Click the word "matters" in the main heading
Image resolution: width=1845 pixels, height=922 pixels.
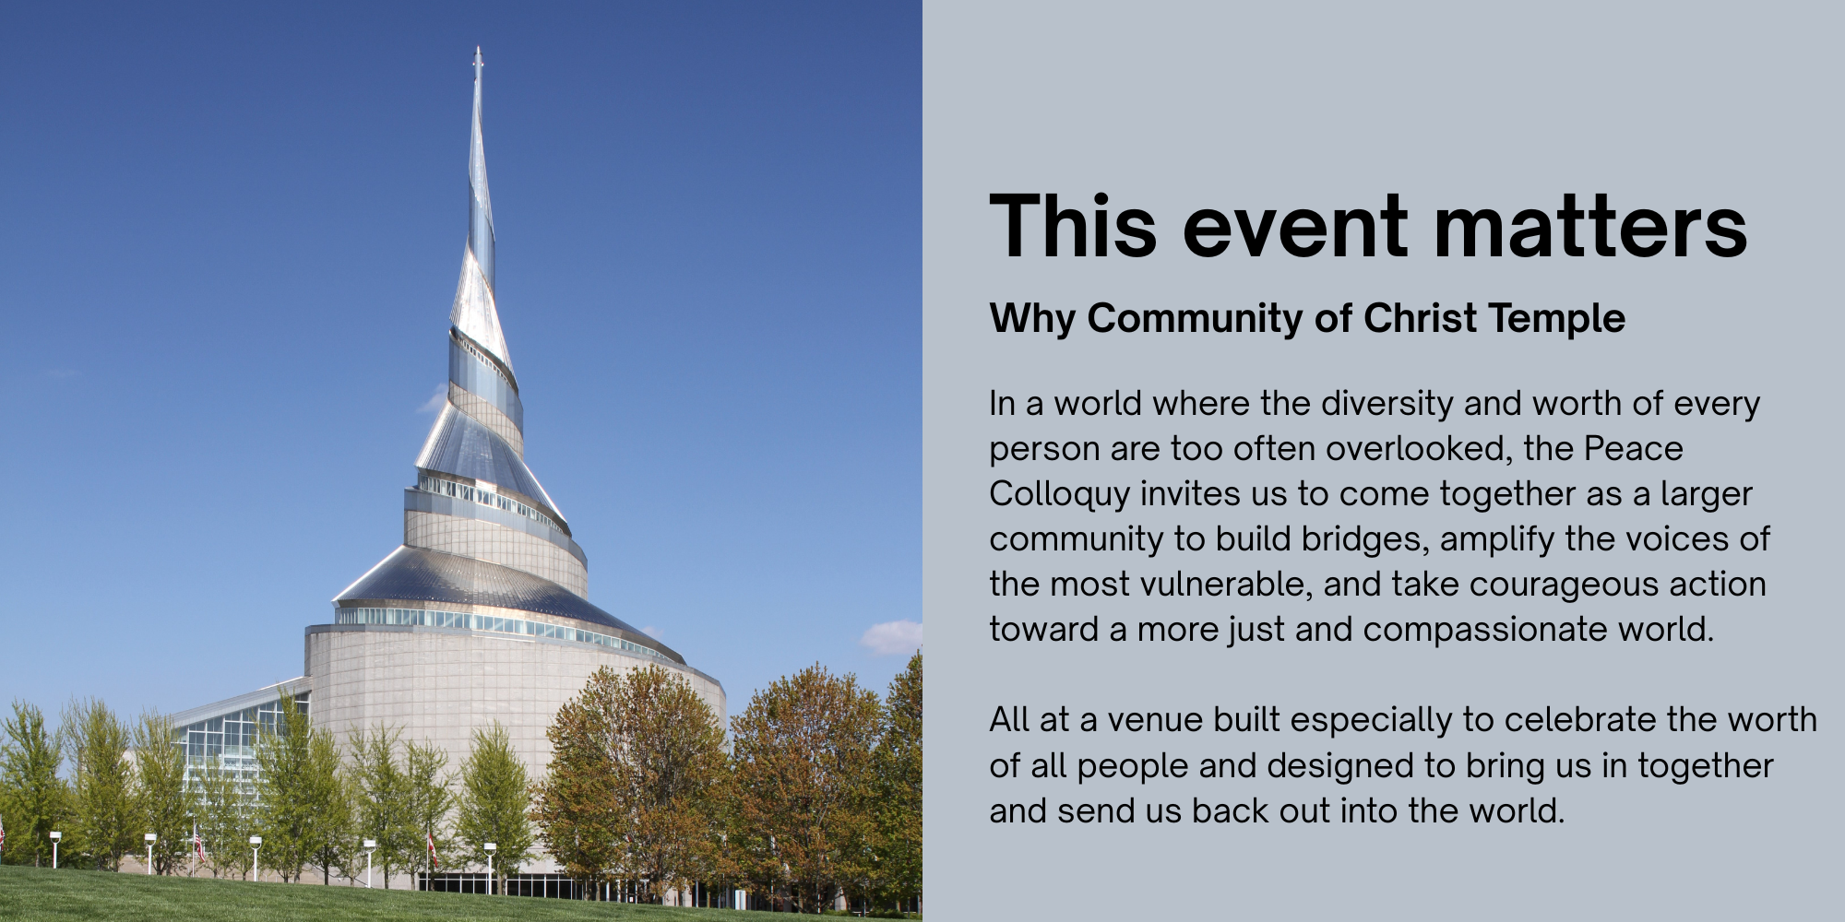coord(1590,226)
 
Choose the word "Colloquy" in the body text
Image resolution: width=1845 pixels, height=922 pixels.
coord(1059,494)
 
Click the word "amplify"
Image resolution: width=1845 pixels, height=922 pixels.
coord(1496,538)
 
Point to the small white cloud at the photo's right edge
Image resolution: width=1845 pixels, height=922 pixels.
coord(893,636)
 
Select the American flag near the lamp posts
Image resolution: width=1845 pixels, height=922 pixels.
coord(199,843)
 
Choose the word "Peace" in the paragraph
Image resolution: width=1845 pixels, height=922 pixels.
coord(1634,449)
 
